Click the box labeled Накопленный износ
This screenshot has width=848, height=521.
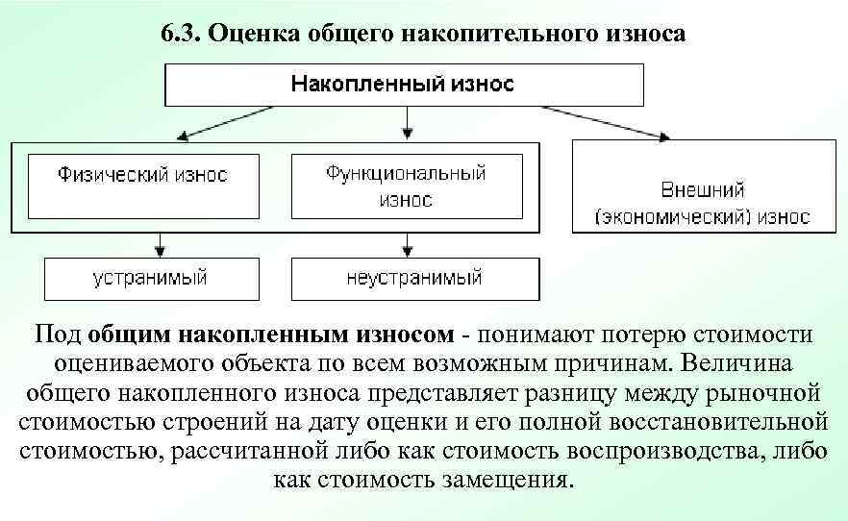tap(403, 85)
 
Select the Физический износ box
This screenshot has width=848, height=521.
tap(142, 176)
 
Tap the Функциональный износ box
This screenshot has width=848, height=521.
tap(406, 186)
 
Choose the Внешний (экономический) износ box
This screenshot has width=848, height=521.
tap(704, 202)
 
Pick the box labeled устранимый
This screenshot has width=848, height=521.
tap(150, 278)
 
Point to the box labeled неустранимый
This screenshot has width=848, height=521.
tap(414, 278)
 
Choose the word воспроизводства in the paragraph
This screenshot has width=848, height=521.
tap(655, 451)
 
